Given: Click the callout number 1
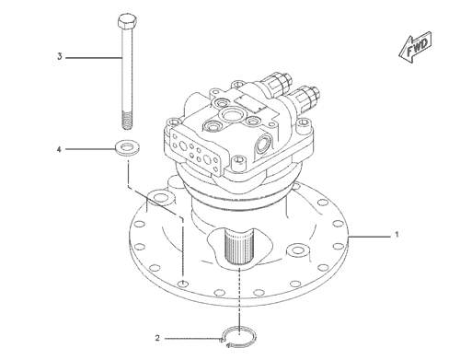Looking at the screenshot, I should [397, 236].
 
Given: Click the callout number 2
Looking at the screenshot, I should [157, 337].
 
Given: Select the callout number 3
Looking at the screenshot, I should [60, 57].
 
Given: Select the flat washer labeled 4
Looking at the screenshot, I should [125, 147].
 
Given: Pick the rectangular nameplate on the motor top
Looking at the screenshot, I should [249, 100].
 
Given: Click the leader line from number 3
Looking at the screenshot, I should [92, 57].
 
